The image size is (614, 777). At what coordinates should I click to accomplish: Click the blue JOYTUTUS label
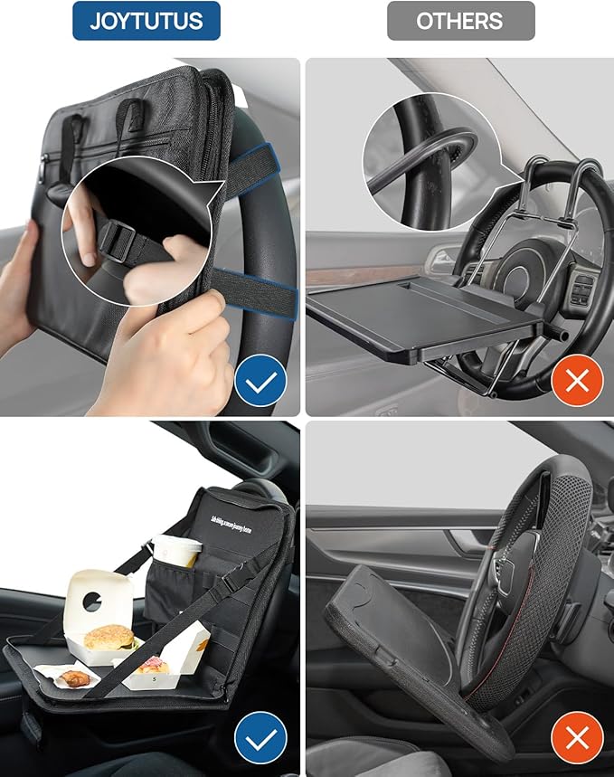pos(146,21)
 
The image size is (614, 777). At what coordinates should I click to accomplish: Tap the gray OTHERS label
pos(460,21)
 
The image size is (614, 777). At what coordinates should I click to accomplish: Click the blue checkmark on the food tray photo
pos(260,739)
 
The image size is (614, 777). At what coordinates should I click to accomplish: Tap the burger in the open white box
pos(109,638)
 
